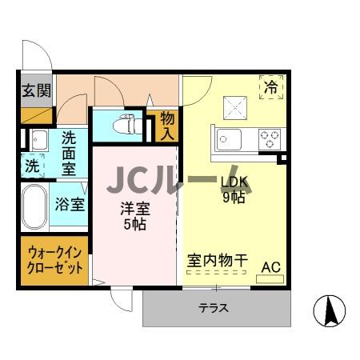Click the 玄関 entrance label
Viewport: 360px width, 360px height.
coord(33,89)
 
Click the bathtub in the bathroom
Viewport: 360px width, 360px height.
coord(35,206)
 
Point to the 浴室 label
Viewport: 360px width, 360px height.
coord(70,203)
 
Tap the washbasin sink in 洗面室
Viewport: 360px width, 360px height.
coord(39,141)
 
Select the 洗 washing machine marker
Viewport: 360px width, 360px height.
coord(32,167)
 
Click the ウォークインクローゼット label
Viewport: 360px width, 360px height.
coord(54,258)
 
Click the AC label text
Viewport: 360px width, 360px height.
coord(270,266)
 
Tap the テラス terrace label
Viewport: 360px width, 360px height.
coord(214,307)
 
